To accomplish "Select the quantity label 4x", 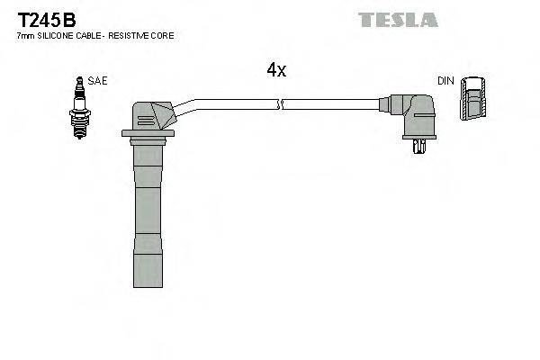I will tap(276, 71).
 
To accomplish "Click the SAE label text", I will tap(98, 81).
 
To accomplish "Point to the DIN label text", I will tap(445, 81).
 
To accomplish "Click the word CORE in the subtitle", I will tap(164, 35).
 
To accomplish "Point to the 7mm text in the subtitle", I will tap(25, 35).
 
